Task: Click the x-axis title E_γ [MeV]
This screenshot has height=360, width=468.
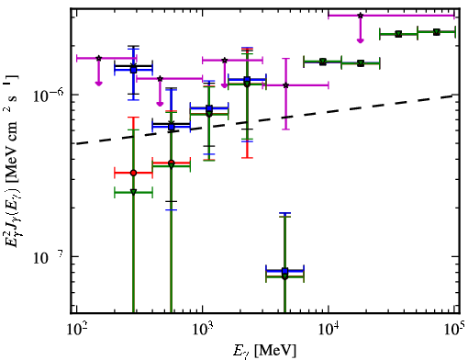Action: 264,351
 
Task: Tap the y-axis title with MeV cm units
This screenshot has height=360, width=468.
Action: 12,161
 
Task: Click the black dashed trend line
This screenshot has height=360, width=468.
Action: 265,119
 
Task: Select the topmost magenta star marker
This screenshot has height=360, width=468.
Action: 361,16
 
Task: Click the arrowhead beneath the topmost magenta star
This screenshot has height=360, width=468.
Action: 361,40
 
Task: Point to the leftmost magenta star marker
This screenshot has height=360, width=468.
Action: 98,58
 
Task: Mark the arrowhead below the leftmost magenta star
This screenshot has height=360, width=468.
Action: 98,83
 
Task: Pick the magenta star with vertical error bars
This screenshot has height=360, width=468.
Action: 286,85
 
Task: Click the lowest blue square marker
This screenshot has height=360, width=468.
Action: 285,271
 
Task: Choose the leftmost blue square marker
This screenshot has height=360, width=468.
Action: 133,70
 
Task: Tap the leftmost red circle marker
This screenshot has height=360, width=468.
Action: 133,173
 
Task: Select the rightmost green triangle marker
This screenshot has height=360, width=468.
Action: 437,32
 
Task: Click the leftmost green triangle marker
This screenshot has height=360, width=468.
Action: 133,192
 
